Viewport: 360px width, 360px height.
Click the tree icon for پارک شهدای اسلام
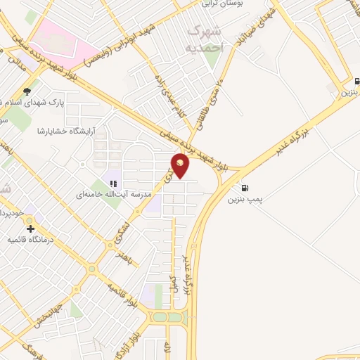[x=27, y=91]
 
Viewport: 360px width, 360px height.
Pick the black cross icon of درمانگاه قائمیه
[x=30, y=229]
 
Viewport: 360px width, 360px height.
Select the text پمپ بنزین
[x=244, y=200]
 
